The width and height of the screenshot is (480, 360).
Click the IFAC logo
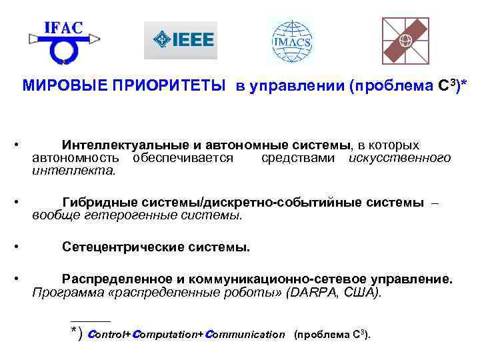(63, 41)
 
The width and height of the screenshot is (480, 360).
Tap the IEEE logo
(180, 41)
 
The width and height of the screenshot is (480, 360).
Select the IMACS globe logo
(291, 40)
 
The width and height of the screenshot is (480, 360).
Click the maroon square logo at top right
(405, 41)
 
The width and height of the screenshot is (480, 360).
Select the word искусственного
(399, 158)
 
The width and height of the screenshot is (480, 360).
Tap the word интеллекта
(73, 171)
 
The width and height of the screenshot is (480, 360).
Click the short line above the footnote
(91, 321)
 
